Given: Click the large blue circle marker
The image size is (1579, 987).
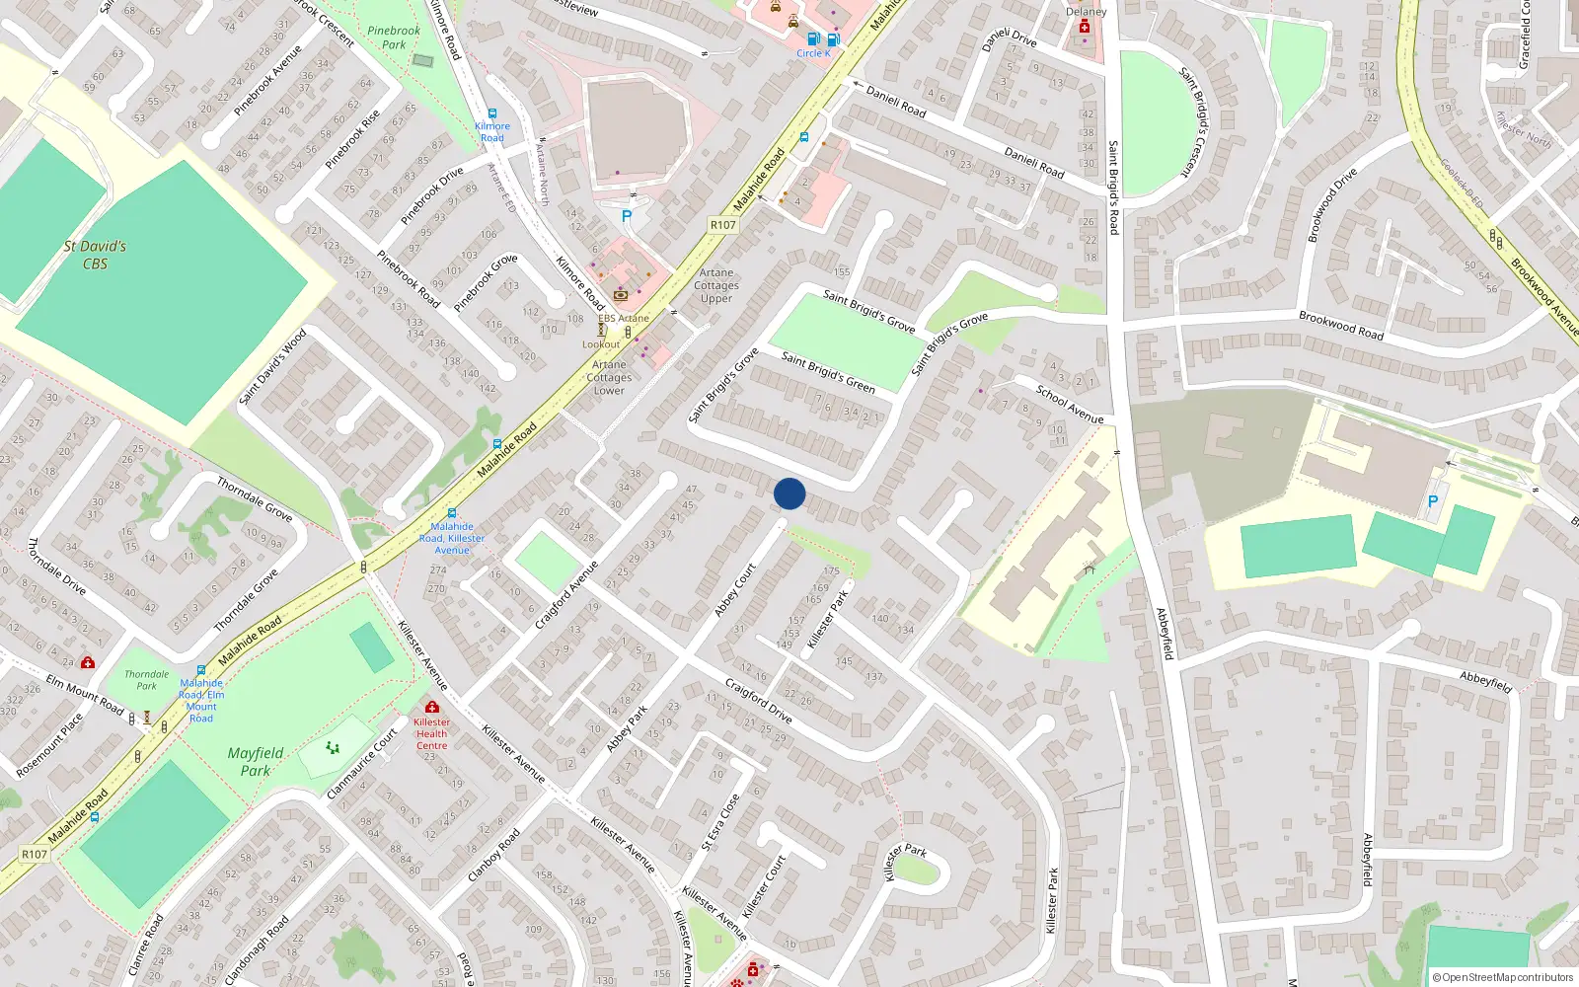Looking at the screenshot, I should tap(789, 493).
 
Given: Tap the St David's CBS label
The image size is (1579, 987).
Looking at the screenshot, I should tap(95, 255).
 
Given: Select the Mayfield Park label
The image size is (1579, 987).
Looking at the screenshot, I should tap(256, 761).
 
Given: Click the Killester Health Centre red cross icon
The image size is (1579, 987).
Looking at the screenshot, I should tap(431, 707).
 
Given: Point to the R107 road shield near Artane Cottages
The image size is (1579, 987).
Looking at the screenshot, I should tap(723, 225).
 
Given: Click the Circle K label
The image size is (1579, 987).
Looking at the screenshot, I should tap(813, 53).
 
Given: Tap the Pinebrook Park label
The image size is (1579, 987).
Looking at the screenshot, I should tap(394, 38).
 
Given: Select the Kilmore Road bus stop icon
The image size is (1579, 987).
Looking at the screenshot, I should tap(492, 114).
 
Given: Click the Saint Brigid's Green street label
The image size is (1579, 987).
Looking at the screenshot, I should tap(828, 371).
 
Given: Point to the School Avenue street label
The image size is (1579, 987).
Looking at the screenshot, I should tap(1070, 405).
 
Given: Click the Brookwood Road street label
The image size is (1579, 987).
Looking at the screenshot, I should tap(1341, 326).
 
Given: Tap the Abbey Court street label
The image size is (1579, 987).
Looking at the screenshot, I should tap(735, 590).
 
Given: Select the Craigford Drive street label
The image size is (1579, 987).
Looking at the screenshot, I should tap(758, 701).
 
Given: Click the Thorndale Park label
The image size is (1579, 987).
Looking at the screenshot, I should tap(146, 680).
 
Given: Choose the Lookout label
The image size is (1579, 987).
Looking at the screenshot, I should tap(601, 344).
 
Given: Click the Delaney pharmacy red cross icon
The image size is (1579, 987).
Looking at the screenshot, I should tap(1085, 28).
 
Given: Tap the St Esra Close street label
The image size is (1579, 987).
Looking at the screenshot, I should tap(720, 822).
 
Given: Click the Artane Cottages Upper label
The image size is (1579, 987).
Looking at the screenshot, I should tap(716, 285).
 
